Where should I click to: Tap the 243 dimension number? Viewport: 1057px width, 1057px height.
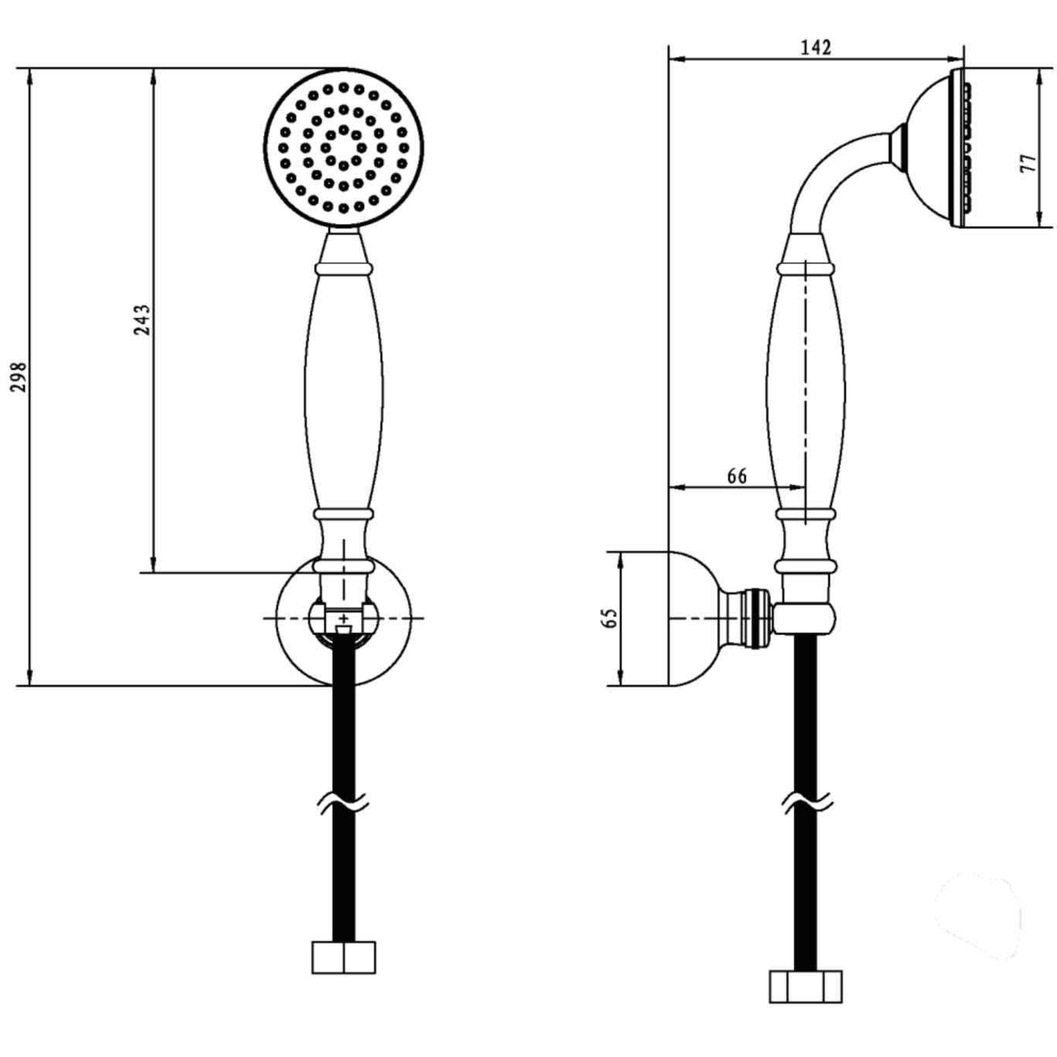pyautogui.click(x=142, y=320)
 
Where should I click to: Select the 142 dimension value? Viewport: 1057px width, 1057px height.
pyautogui.click(x=816, y=48)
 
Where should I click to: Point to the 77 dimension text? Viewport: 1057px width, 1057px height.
pyautogui.click(x=1029, y=163)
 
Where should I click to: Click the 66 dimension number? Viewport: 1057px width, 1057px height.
pyautogui.click(x=737, y=476)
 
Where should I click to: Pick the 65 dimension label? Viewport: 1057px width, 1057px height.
pyautogui.click(x=610, y=618)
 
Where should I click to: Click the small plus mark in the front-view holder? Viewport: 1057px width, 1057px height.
pyautogui.click(x=343, y=618)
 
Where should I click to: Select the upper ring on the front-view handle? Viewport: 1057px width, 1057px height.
pyautogui.click(x=344, y=269)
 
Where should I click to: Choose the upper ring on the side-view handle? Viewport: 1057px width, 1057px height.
pyautogui.click(x=805, y=269)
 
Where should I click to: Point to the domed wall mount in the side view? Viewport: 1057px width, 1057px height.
pyautogui.click(x=693, y=618)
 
